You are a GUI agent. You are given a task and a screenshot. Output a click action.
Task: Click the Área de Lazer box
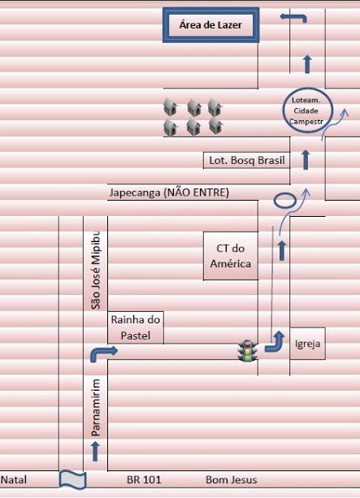[211, 25]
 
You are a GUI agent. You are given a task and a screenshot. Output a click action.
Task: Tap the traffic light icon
[248, 351]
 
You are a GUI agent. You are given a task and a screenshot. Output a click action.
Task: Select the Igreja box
[307, 344]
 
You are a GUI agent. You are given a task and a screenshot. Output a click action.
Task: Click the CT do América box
[231, 256]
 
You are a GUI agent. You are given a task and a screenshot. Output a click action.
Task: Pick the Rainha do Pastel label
[136, 327]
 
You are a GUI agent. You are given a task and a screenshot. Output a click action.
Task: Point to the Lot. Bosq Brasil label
[247, 160]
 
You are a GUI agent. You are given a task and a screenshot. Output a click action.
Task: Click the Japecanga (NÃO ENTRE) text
[169, 193]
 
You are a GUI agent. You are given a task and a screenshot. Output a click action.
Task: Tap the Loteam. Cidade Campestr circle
[307, 110]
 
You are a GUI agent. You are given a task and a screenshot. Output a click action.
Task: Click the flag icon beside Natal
[73, 479]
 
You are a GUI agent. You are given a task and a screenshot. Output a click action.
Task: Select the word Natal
[14, 479]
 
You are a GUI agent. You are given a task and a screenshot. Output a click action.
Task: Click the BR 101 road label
[144, 479]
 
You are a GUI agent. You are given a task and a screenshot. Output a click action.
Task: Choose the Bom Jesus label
[232, 479]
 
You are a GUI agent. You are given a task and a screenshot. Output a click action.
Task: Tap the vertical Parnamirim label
[96, 408]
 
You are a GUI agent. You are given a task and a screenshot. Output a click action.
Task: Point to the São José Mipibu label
[96, 270]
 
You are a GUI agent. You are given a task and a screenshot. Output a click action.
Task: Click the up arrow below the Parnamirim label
[95, 451]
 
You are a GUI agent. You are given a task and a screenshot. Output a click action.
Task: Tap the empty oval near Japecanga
[285, 201]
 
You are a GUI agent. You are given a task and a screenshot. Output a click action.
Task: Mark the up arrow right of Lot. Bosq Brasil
[306, 160]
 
